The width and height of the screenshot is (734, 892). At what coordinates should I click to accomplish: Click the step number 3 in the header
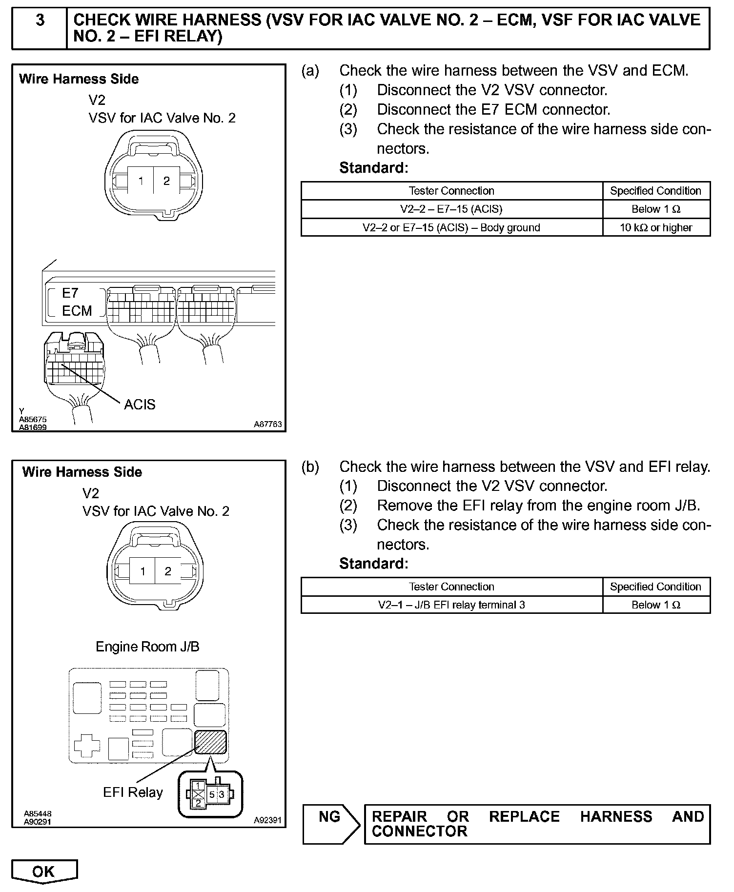(40, 20)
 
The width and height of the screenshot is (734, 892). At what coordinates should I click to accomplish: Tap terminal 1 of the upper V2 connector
(141, 181)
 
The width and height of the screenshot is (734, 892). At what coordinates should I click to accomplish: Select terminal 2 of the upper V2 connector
(166, 181)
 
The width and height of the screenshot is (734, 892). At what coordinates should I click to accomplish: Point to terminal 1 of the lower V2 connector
(143, 571)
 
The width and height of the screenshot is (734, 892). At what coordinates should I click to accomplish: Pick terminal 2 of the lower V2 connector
(168, 571)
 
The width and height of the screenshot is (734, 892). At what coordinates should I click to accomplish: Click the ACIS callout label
(140, 405)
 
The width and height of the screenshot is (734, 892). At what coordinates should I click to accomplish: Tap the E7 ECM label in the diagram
(76, 302)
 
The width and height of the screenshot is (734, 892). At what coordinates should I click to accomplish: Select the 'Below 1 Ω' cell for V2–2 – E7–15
(656, 209)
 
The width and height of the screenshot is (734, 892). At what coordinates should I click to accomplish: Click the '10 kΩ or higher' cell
(656, 228)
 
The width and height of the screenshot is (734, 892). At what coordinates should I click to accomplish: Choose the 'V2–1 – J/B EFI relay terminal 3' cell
(451, 605)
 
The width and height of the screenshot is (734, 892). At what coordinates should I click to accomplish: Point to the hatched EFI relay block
(210, 742)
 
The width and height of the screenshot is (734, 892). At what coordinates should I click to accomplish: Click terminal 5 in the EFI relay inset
(212, 794)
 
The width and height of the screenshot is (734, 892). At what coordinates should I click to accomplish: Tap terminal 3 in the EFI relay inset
(222, 794)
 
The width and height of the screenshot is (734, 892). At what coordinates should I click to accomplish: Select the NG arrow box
(330, 824)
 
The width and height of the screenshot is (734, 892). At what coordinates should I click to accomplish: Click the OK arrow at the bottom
(44, 872)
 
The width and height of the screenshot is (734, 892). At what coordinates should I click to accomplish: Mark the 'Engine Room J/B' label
(147, 647)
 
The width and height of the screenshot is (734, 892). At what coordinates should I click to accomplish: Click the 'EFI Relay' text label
(133, 792)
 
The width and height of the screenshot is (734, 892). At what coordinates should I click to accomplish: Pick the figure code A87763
(267, 425)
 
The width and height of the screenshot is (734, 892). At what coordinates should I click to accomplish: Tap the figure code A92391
(267, 820)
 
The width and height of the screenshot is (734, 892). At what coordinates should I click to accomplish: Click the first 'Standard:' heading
(373, 168)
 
